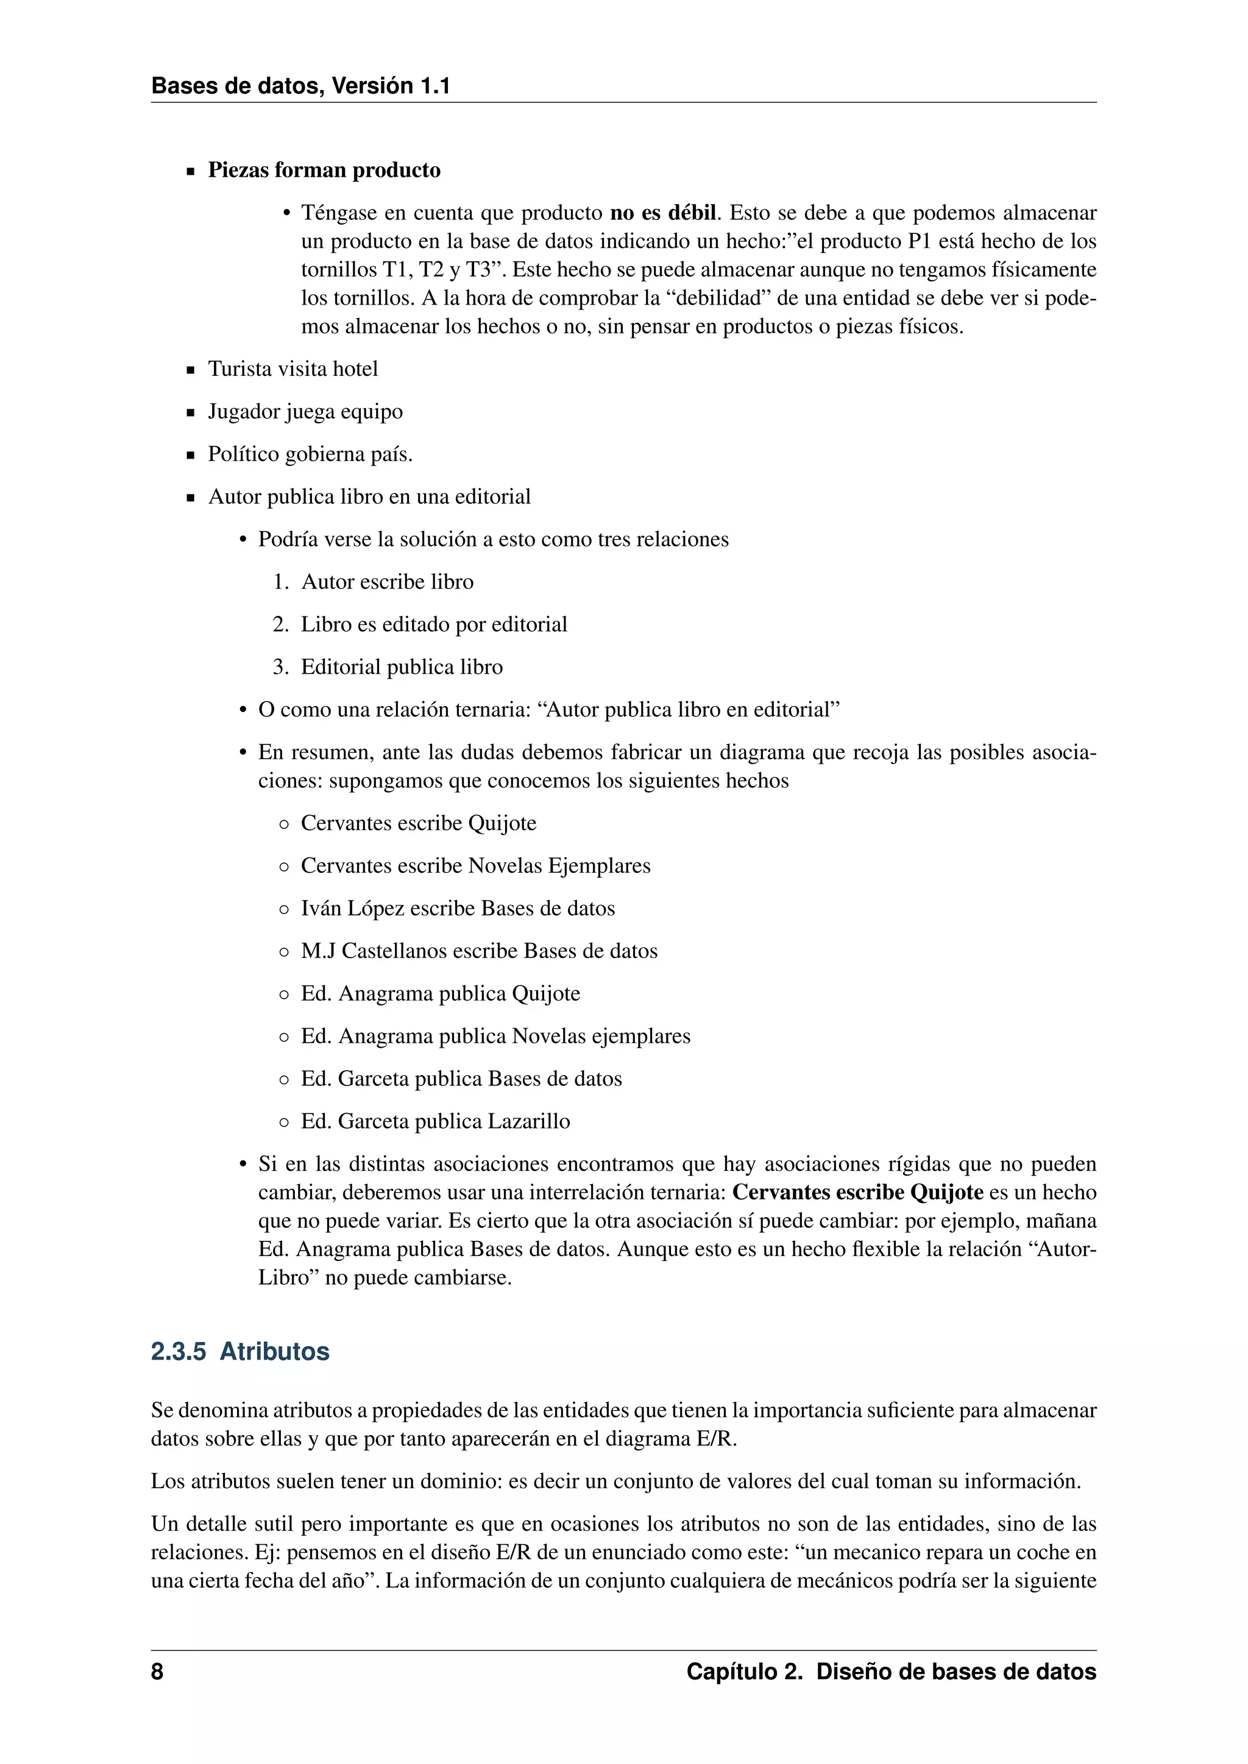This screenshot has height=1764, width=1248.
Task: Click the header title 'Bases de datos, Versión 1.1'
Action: click(x=300, y=85)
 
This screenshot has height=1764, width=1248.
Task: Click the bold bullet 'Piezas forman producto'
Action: click(x=324, y=170)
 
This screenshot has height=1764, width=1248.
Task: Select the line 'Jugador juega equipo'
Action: click(x=305, y=412)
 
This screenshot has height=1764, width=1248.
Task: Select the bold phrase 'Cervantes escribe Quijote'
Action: click(x=857, y=1193)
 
